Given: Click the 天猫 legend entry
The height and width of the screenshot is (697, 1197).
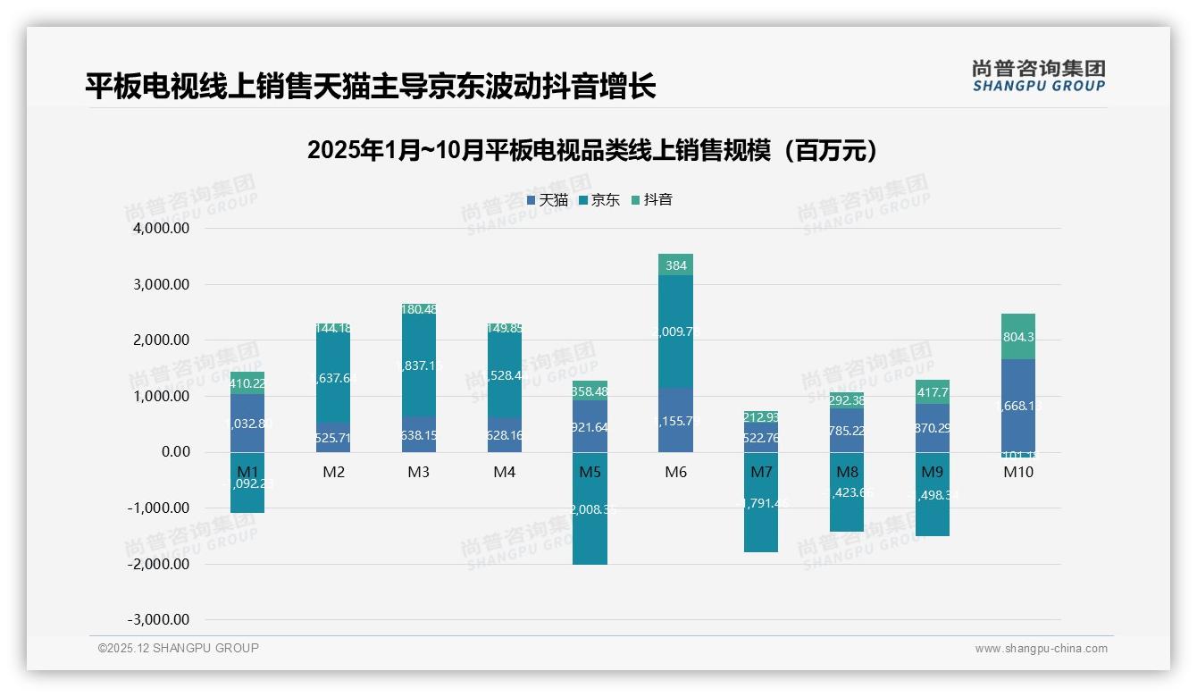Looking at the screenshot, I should click(547, 200).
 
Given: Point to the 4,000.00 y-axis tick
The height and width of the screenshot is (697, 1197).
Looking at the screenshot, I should click(162, 229).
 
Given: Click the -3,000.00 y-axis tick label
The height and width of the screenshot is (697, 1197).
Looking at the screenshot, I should click(159, 619).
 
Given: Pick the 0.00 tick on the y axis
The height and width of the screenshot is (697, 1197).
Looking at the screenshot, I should click(174, 452).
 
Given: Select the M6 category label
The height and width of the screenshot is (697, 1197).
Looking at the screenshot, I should click(675, 472).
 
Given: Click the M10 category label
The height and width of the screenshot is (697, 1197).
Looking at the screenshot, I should click(1018, 472).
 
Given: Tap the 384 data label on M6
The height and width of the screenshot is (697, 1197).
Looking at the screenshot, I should click(675, 265).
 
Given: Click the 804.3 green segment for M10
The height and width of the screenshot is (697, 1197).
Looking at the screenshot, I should click(1018, 337).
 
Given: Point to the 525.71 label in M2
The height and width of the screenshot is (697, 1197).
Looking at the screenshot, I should click(333, 438).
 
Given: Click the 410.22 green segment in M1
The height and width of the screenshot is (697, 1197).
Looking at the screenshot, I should click(247, 384).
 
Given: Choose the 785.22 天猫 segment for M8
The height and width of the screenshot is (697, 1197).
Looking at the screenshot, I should click(847, 430).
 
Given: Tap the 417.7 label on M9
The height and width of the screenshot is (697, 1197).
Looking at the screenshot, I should click(933, 392).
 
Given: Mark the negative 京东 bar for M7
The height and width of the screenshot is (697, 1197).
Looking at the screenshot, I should click(761, 514).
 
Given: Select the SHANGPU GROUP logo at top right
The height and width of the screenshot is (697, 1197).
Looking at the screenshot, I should click(1038, 76).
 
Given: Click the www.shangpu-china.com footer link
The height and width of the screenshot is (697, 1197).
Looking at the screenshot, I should click(1041, 649).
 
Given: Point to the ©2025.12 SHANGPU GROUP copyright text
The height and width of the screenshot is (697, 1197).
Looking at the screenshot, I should click(178, 648).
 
